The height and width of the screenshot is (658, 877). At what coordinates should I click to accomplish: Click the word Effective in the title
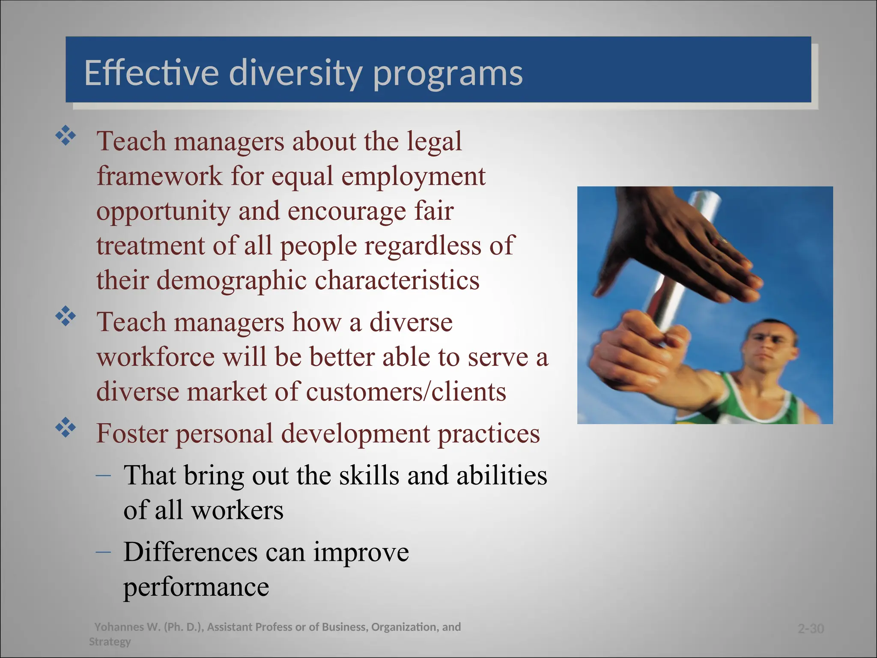(151, 73)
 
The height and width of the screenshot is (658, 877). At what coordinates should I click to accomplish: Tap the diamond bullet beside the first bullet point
(66, 137)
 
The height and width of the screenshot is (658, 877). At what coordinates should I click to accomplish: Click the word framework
(159, 176)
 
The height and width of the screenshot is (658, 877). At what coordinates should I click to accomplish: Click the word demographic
(231, 281)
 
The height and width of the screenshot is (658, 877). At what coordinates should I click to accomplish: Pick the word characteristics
(397, 280)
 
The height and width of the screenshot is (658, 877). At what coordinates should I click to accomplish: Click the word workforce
(155, 357)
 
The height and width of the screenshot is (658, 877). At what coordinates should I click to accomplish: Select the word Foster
(132, 433)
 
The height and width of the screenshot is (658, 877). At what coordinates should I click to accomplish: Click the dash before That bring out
(103, 475)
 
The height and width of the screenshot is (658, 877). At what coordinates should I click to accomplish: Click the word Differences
(190, 552)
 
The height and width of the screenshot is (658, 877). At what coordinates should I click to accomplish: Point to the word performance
(196, 587)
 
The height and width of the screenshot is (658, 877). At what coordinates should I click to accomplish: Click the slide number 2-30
(811, 629)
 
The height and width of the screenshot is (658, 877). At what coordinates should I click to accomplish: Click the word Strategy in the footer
(110, 642)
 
